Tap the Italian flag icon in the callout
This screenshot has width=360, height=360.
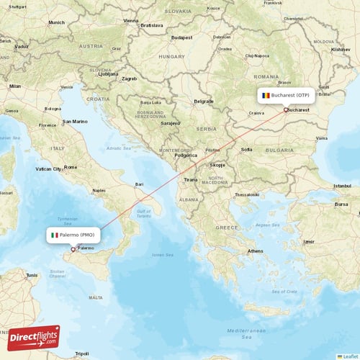point(55,235)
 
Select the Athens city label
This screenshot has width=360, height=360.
point(256,251)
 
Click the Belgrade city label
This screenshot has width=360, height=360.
point(204,102)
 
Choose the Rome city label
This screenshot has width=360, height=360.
point(71,167)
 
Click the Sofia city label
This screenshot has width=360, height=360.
point(247,150)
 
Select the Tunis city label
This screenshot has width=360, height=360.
point(32,275)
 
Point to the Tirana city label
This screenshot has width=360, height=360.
point(190,179)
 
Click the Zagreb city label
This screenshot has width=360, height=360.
point(130,78)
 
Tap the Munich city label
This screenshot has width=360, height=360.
point(56,22)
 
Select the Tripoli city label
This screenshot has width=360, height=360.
point(81,354)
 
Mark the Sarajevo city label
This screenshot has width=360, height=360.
point(171,123)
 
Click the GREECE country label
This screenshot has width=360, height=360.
point(228,228)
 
